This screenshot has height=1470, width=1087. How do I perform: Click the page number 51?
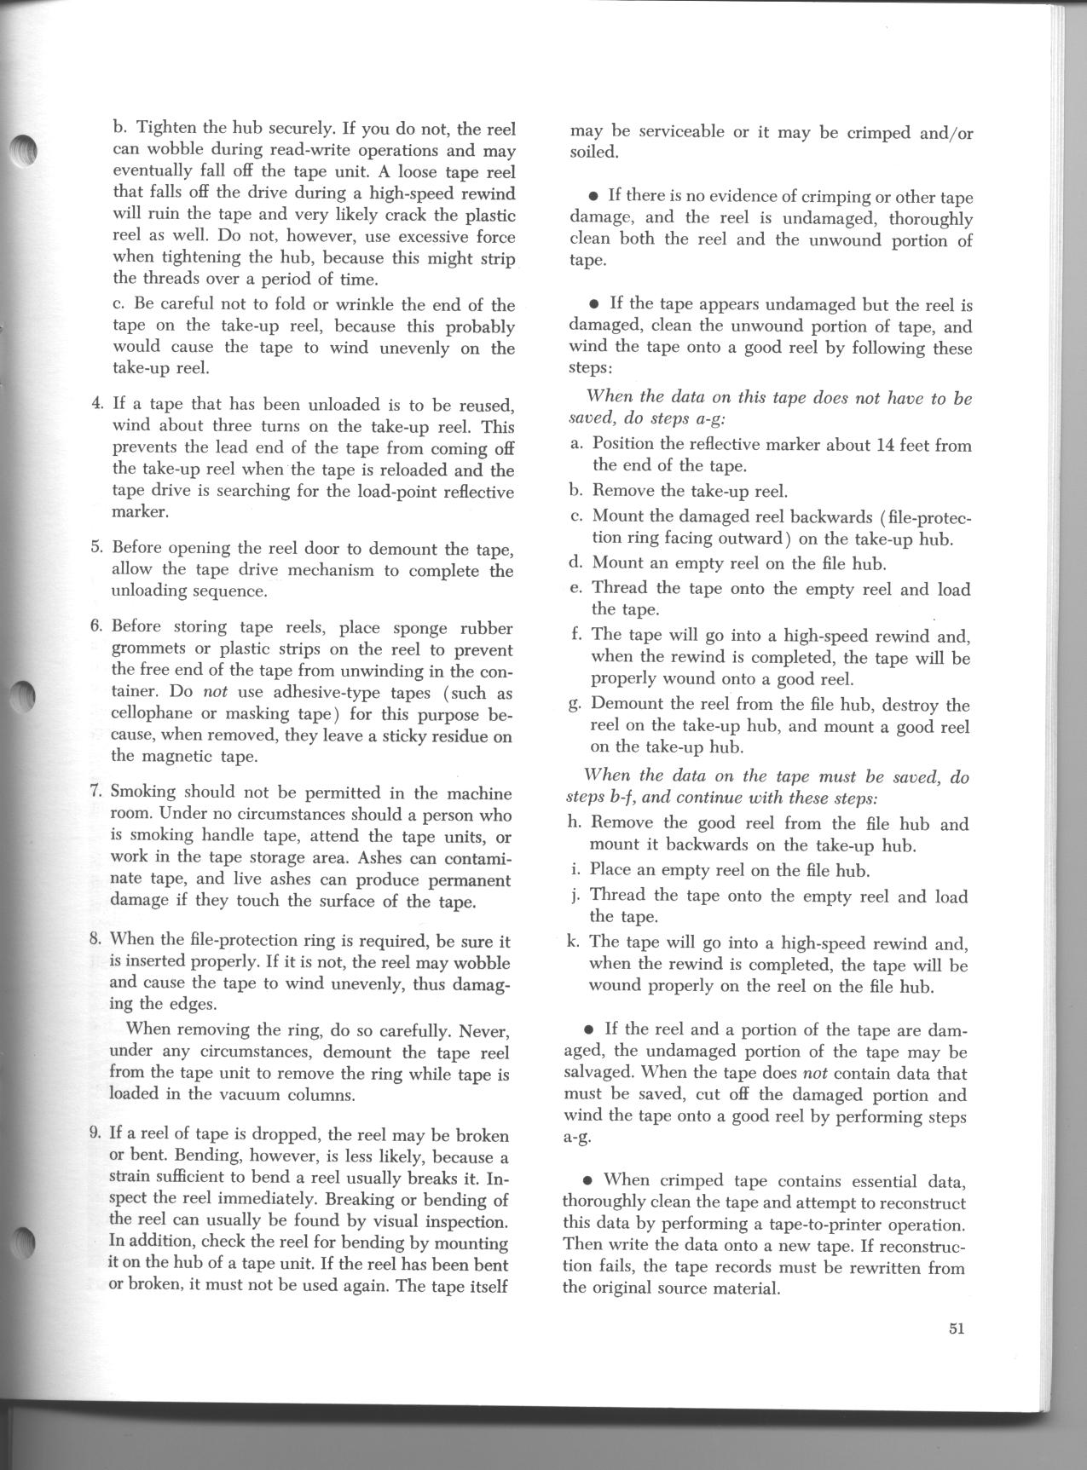tap(955, 1329)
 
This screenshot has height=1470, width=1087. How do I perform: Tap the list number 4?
tap(97, 403)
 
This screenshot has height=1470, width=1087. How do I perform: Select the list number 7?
tap(96, 791)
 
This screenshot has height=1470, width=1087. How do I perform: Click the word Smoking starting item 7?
tap(144, 791)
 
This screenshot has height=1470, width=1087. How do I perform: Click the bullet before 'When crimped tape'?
tap(587, 1181)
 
